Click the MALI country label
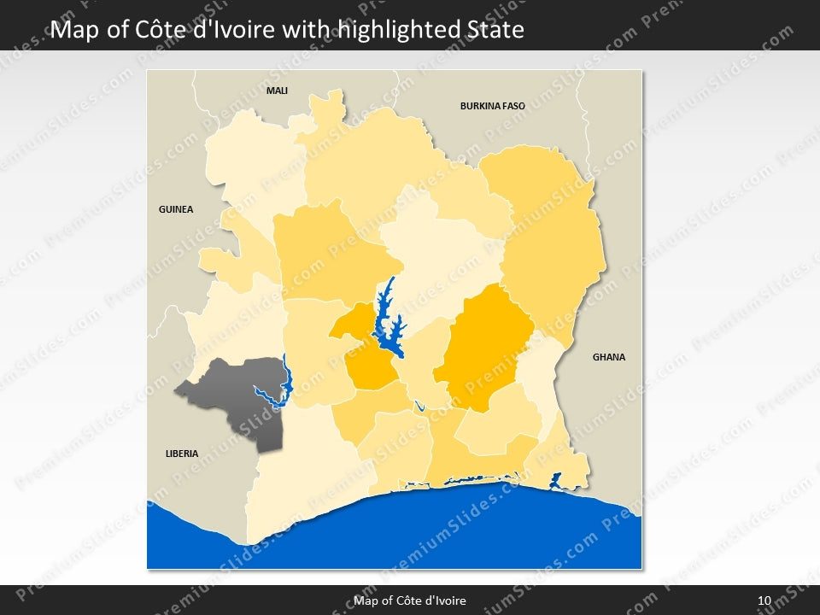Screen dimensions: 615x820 [x=277, y=90]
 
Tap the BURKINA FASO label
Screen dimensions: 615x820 [x=492, y=107]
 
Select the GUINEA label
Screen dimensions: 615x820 [x=176, y=209]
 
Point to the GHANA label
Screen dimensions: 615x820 [x=609, y=357]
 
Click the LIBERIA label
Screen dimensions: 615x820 [x=182, y=454]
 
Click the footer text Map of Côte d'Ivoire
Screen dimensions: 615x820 [x=410, y=600]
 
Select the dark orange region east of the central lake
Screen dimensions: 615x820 [x=483, y=346]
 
